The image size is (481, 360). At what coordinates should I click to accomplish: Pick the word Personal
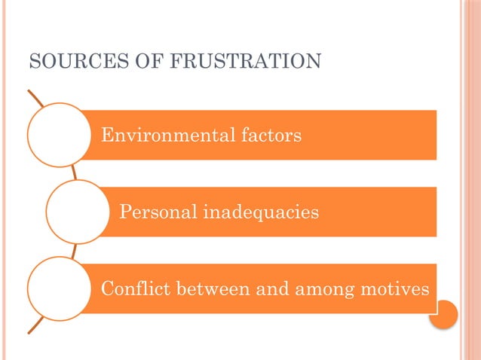coord(155,212)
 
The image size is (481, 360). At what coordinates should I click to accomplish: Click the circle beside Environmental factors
coord(59,135)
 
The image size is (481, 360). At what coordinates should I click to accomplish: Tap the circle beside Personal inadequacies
coord(78,212)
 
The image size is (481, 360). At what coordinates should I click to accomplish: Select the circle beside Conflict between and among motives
coord(59,288)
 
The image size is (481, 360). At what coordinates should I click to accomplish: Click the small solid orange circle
coord(443,314)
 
